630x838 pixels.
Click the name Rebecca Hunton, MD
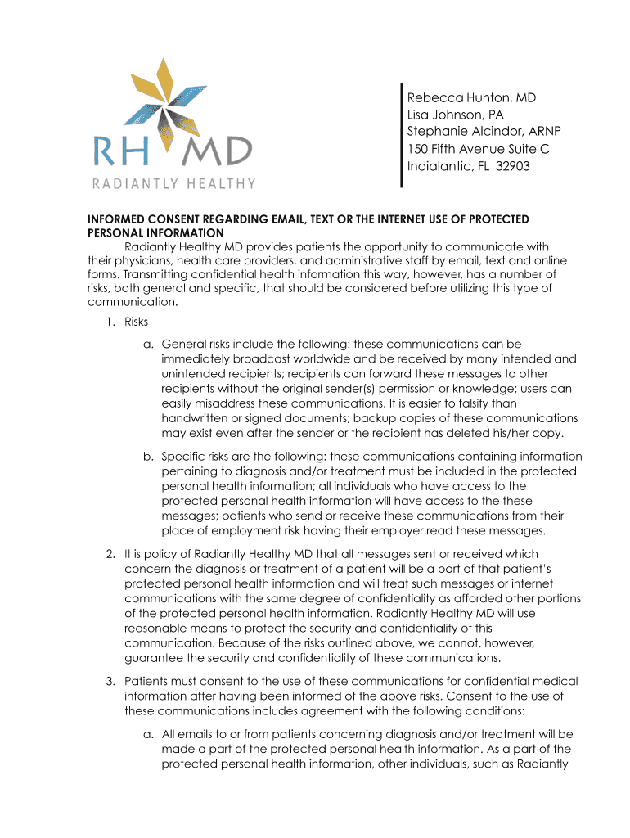(x=471, y=98)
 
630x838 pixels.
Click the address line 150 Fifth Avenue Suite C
(x=478, y=149)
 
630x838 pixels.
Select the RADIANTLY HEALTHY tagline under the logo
(x=172, y=184)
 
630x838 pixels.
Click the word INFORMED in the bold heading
(x=116, y=219)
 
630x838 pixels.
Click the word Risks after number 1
(x=136, y=322)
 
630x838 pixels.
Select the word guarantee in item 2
(x=152, y=657)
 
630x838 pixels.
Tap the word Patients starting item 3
(x=146, y=681)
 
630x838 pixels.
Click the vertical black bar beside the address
(x=401, y=135)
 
